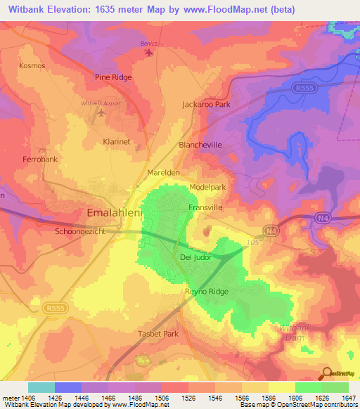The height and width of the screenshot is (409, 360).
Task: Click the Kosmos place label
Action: pyautogui.click(x=32, y=65)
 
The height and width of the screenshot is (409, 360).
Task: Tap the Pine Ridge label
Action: pyautogui.click(x=113, y=77)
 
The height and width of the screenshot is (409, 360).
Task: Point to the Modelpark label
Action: pyautogui.click(x=207, y=188)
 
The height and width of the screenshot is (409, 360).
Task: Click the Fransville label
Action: pyautogui.click(x=205, y=208)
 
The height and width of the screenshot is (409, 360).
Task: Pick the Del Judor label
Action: pyautogui.click(x=195, y=258)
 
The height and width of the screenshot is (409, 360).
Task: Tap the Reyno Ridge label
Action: pyautogui.click(x=207, y=291)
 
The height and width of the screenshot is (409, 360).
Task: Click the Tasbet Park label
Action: pyautogui.click(x=158, y=334)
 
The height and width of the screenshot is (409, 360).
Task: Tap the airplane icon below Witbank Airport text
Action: pyautogui.click(x=101, y=112)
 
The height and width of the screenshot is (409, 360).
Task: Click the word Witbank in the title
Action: pyautogui.click(x=27, y=9)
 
